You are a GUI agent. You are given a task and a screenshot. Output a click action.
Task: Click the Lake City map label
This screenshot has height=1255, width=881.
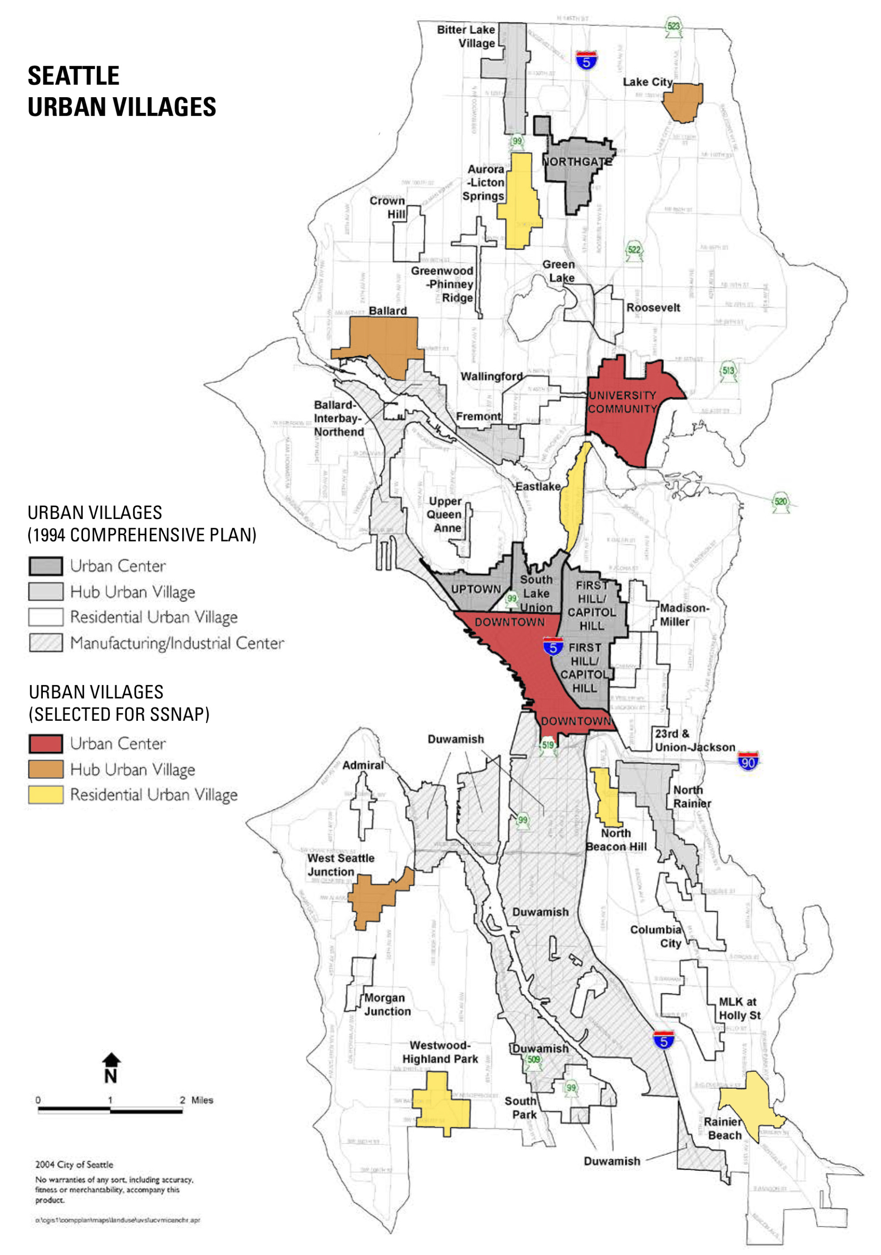pyautogui.click(x=647, y=82)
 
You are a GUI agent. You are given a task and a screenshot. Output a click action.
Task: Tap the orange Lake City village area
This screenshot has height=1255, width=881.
pyautogui.click(x=682, y=102)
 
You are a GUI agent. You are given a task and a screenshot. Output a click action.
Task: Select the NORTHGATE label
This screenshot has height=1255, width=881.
pyautogui.click(x=577, y=162)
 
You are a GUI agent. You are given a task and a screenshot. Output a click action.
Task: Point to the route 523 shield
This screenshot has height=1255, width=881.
pyautogui.click(x=673, y=27)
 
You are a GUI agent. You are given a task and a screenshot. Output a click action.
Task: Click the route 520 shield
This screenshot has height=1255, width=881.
pyautogui.click(x=780, y=502)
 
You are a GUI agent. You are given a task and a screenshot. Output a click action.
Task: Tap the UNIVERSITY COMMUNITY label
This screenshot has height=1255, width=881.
pyautogui.click(x=622, y=402)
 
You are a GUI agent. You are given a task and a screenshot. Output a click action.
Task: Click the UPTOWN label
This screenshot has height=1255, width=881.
pyautogui.click(x=475, y=589)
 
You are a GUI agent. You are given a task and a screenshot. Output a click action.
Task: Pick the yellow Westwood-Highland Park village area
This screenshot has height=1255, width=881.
pyautogui.click(x=440, y=1105)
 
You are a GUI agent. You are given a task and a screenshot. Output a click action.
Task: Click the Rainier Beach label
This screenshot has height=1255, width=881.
pyautogui.click(x=724, y=1129)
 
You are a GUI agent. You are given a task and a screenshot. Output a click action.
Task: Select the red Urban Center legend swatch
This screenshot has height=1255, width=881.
pyautogui.click(x=45, y=744)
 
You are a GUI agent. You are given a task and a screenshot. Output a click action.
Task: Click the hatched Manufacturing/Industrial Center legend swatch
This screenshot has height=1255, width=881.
pyautogui.click(x=45, y=643)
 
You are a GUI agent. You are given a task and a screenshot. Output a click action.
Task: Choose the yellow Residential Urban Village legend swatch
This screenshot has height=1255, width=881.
pyautogui.click(x=45, y=795)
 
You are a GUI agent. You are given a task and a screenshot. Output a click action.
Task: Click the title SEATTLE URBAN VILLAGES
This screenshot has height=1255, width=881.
pyautogui.click(x=122, y=91)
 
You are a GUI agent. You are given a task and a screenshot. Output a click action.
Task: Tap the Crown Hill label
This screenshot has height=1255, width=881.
pyautogui.click(x=387, y=207)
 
